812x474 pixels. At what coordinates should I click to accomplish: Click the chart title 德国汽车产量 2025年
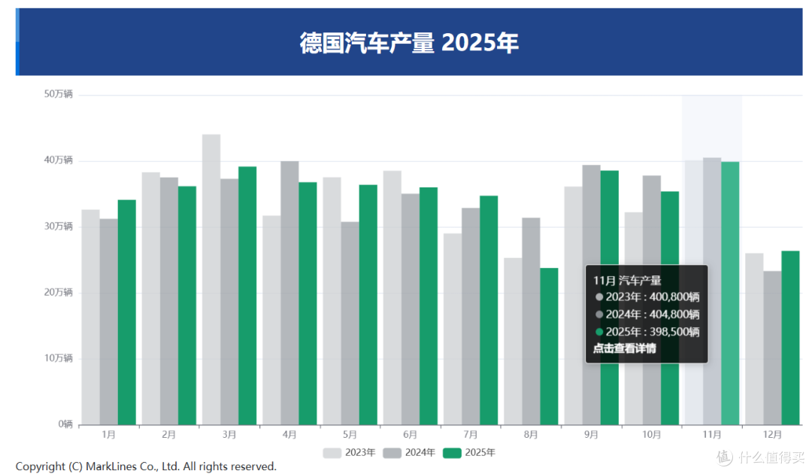pos(409,43)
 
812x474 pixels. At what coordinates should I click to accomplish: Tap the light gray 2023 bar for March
pos(211,279)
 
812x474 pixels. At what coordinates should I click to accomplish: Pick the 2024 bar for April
pos(289,293)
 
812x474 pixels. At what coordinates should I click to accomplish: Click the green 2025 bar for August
pos(549,346)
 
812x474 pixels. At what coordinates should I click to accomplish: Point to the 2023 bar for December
pos(754,339)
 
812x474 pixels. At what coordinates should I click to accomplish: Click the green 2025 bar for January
pos(126,311)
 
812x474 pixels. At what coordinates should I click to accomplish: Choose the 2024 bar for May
pos(350,323)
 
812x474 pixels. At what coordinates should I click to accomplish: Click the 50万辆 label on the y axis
pos(58,94)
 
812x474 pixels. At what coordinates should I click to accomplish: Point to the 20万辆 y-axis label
pos(58,292)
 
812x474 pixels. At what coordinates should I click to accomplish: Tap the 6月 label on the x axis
pos(411,435)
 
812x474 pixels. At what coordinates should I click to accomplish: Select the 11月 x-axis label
pos(712,435)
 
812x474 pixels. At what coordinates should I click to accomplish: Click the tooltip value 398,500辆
pos(674,332)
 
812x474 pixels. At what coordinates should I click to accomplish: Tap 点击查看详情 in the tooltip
pos(624,348)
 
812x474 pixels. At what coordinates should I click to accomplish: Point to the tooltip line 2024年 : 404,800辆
pos(652,314)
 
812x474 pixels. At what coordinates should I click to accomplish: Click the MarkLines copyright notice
pos(146,466)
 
